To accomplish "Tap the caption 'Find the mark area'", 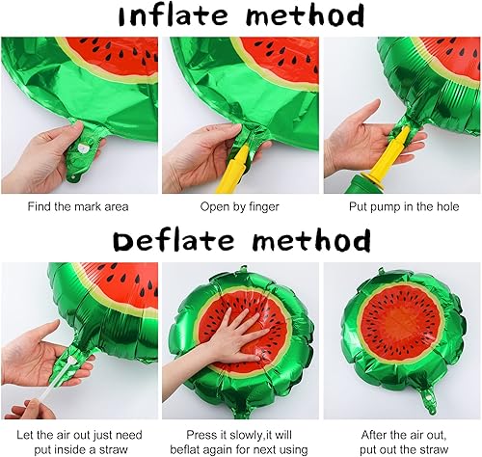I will point(79,206).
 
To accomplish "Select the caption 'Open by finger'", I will point(240,206).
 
